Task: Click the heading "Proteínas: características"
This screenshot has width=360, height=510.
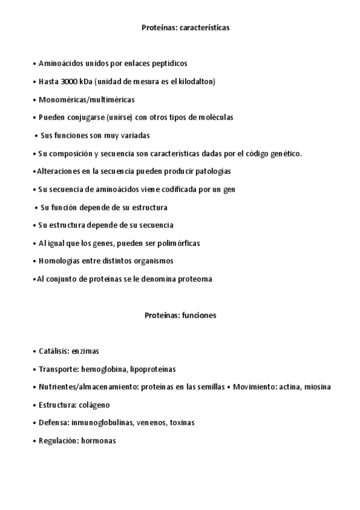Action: point(186,28)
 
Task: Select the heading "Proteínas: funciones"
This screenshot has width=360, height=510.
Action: point(180,315)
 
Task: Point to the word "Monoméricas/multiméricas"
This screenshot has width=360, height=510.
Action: point(86,99)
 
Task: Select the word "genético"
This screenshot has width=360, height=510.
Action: point(285,153)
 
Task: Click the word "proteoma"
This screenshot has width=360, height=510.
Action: point(194,279)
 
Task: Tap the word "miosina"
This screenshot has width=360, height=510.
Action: point(317,387)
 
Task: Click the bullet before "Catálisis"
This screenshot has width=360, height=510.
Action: point(34,351)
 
